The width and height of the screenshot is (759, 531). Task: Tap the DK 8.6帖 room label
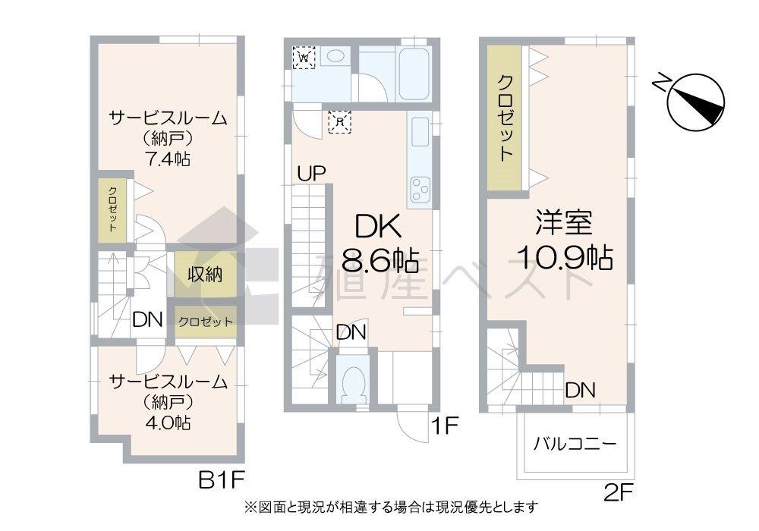(x=379, y=243)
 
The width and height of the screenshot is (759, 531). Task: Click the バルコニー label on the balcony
(x=575, y=443)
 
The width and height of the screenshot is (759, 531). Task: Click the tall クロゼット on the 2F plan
(x=505, y=117)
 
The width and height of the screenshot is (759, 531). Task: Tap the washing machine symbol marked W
(x=304, y=58)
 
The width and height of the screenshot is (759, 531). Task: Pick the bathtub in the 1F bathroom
(x=395, y=73)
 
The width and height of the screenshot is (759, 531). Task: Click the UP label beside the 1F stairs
(x=311, y=174)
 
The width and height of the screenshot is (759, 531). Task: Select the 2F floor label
(x=618, y=493)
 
